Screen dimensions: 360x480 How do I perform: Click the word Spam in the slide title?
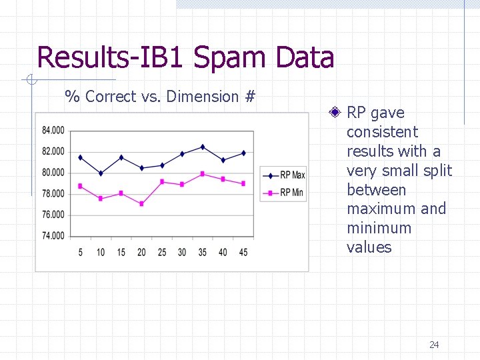coord(228,57)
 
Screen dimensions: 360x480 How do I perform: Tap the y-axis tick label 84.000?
coord(53,130)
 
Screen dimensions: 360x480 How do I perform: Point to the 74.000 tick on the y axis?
coord(53,236)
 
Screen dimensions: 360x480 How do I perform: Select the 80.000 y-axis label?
coord(53,173)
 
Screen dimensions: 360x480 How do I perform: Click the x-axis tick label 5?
coord(80,253)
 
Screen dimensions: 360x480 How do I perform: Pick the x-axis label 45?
coord(243,253)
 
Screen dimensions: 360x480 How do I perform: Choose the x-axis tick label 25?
coord(161,253)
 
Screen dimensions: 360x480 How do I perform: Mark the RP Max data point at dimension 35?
coord(203,147)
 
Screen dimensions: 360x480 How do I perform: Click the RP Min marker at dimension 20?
coord(141,203)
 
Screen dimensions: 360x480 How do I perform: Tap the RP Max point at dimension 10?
coord(101,173)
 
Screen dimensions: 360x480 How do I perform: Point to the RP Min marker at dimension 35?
coord(203,174)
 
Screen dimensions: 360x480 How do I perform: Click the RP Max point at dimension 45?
coord(243,153)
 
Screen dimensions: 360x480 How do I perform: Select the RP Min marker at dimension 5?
coord(80,186)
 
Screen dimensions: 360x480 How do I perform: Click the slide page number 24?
coord(434,345)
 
